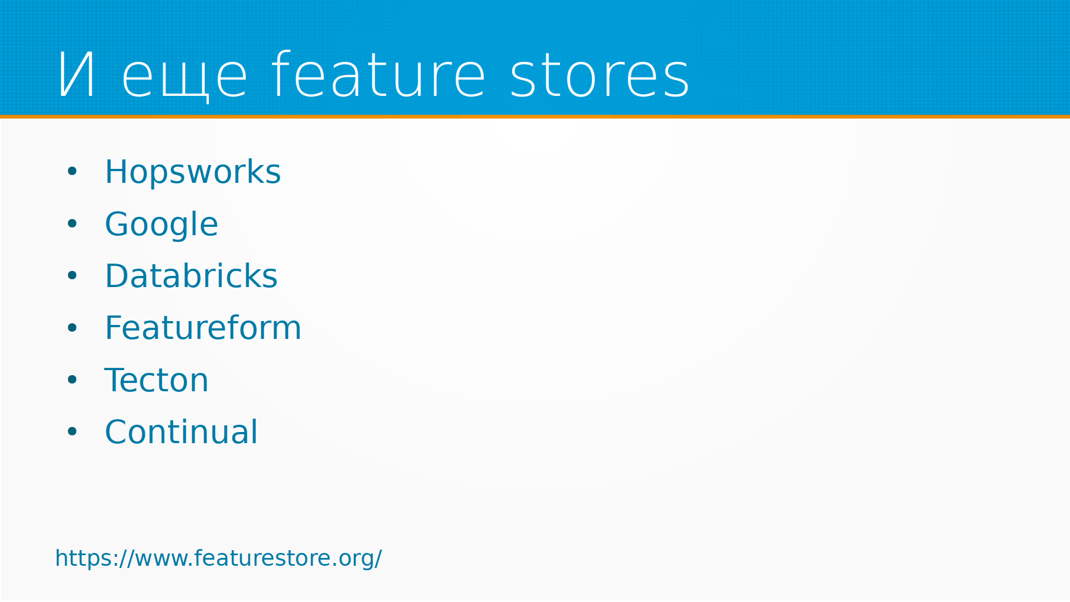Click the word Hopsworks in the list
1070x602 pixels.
click(193, 172)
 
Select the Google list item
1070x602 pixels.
click(162, 225)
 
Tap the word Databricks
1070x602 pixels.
click(191, 275)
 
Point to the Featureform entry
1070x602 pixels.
click(203, 327)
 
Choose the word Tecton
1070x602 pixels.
click(156, 380)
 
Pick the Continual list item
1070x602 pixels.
click(181, 431)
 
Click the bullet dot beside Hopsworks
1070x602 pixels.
click(72, 172)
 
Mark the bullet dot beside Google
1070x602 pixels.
click(72, 224)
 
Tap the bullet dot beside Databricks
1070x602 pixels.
click(72, 275)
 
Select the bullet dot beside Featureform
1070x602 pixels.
click(72, 328)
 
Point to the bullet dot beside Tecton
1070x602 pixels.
click(72, 380)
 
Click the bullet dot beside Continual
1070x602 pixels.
click(72, 431)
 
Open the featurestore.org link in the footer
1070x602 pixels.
click(218, 558)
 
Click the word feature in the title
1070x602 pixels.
click(378, 74)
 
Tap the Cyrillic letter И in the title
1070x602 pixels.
click(76, 75)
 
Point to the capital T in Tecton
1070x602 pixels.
click(115, 380)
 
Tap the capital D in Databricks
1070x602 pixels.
click(117, 276)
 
